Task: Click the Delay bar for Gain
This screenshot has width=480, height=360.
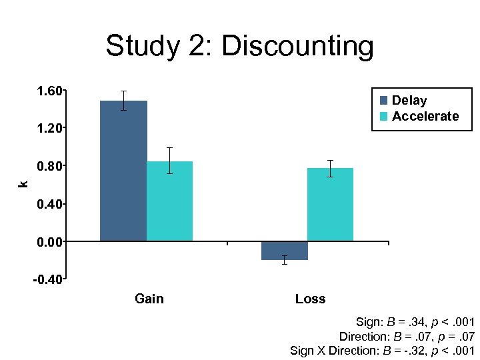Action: (123, 171)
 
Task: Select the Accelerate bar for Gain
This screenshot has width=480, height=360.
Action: (169, 201)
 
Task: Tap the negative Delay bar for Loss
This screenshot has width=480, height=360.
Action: (284, 251)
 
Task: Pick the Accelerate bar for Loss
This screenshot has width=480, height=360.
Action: (330, 204)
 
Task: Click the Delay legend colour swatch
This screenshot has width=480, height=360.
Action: (384, 101)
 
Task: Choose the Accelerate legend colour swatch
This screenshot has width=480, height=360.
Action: (384, 117)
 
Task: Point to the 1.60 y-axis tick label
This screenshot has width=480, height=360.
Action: (47, 91)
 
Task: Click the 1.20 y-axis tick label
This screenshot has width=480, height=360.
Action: (47, 128)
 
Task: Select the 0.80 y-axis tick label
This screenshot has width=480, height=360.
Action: (47, 166)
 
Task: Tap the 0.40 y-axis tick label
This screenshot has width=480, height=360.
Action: (47, 203)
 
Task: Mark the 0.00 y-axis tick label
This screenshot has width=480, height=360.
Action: (47, 241)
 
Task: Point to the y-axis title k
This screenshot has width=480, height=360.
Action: (23, 184)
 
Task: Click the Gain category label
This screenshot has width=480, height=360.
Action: (149, 299)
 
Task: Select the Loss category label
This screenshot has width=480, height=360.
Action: (310, 299)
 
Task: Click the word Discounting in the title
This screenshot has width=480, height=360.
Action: (297, 47)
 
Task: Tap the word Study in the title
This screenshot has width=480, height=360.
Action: (142, 47)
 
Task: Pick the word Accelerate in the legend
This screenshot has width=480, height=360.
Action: (425, 117)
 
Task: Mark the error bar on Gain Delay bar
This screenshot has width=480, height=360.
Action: (123, 100)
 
